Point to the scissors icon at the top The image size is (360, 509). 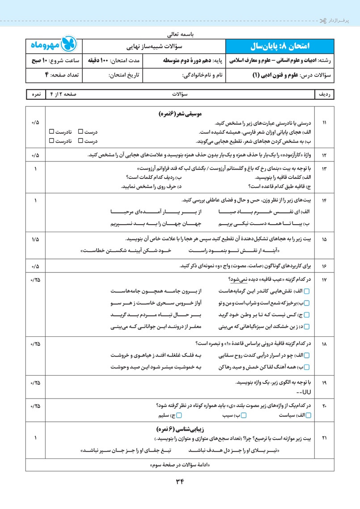(323, 21)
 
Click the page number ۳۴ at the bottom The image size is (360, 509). (180, 481)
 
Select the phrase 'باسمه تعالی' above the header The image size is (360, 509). (180, 34)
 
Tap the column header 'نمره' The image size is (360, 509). (35, 95)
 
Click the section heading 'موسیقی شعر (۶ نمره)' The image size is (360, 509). (180, 115)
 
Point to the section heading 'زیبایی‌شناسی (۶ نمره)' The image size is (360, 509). (180, 428)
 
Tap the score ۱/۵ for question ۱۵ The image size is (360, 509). (35, 240)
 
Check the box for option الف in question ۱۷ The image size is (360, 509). (313, 292)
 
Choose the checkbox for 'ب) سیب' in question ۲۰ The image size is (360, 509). (244, 416)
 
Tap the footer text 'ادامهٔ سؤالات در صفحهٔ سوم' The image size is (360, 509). (180, 465)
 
